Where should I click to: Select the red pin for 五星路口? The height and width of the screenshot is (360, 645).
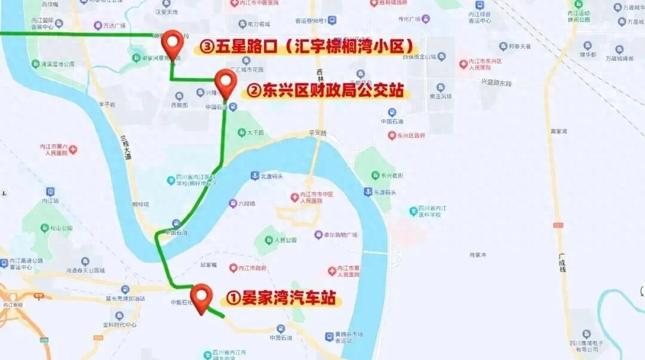pos(173,44)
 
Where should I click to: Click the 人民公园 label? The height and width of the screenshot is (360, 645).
pos(285,240)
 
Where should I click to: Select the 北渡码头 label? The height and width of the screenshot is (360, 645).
pos(273,176)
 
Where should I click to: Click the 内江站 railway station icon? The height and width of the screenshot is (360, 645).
pos(50,192)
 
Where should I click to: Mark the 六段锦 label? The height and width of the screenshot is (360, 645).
pos(245,204)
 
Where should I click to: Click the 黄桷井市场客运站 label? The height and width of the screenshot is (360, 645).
pos(348,337)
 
